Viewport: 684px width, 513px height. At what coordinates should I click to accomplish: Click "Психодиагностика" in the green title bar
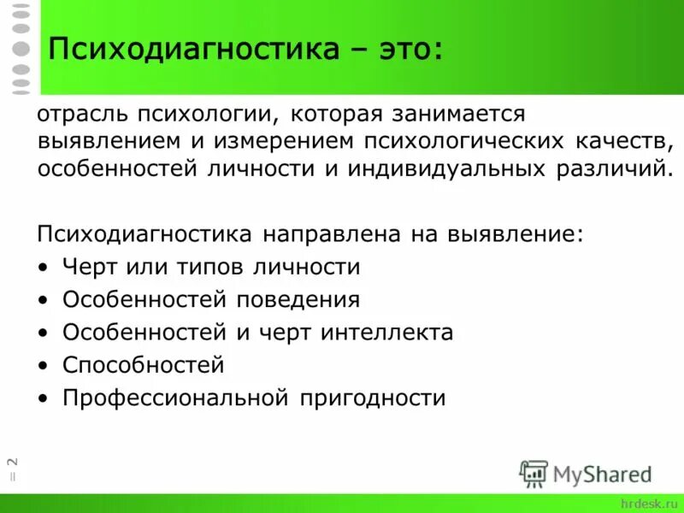193,50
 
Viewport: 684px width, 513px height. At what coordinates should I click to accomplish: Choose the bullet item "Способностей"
143,366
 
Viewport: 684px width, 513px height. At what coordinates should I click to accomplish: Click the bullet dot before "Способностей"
44,366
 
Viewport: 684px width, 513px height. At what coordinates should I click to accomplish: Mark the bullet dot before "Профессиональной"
44,398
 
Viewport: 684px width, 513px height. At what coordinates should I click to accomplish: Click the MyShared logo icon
534,473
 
